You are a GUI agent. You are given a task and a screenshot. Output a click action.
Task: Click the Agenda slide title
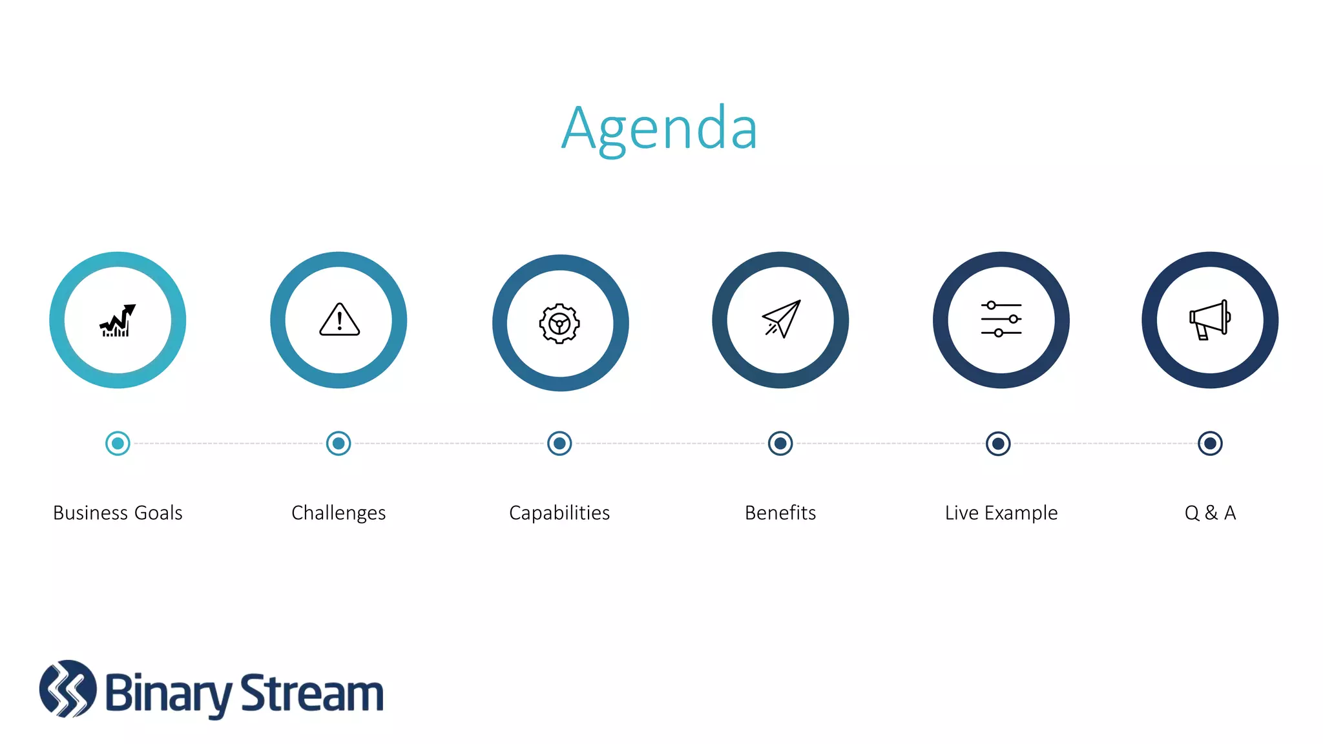point(659,129)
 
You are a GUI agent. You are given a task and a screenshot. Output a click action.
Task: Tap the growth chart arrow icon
point(118,320)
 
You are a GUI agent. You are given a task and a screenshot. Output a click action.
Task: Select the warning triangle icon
point(339,320)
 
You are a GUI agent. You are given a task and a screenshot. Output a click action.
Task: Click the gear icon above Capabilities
point(559,323)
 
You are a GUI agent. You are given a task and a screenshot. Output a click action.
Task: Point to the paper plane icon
point(781,319)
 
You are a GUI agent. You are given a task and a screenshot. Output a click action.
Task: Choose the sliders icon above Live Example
point(1001,319)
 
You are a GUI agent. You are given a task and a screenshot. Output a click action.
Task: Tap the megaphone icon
point(1209,320)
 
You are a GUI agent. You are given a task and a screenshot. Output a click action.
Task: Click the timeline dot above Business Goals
point(118,443)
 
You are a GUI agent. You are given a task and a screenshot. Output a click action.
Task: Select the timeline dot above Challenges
point(339,443)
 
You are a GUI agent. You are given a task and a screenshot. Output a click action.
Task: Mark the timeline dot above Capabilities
point(559,443)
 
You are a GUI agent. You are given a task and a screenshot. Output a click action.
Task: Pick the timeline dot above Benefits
point(780,443)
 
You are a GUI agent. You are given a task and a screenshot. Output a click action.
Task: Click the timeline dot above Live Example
point(998,444)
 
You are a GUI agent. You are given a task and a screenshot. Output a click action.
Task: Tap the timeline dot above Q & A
point(1210,443)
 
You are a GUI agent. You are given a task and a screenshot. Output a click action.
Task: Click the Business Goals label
point(118,513)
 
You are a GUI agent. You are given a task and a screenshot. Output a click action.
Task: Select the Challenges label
point(339,513)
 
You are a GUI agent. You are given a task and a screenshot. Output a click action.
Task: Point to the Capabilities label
point(559,513)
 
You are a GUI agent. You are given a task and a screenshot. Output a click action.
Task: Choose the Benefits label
point(780,513)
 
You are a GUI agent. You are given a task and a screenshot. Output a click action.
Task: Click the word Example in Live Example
point(1021,513)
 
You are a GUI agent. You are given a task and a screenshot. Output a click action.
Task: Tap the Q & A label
point(1210,513)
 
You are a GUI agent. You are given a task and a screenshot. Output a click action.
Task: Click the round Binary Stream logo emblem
point(68,688)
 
